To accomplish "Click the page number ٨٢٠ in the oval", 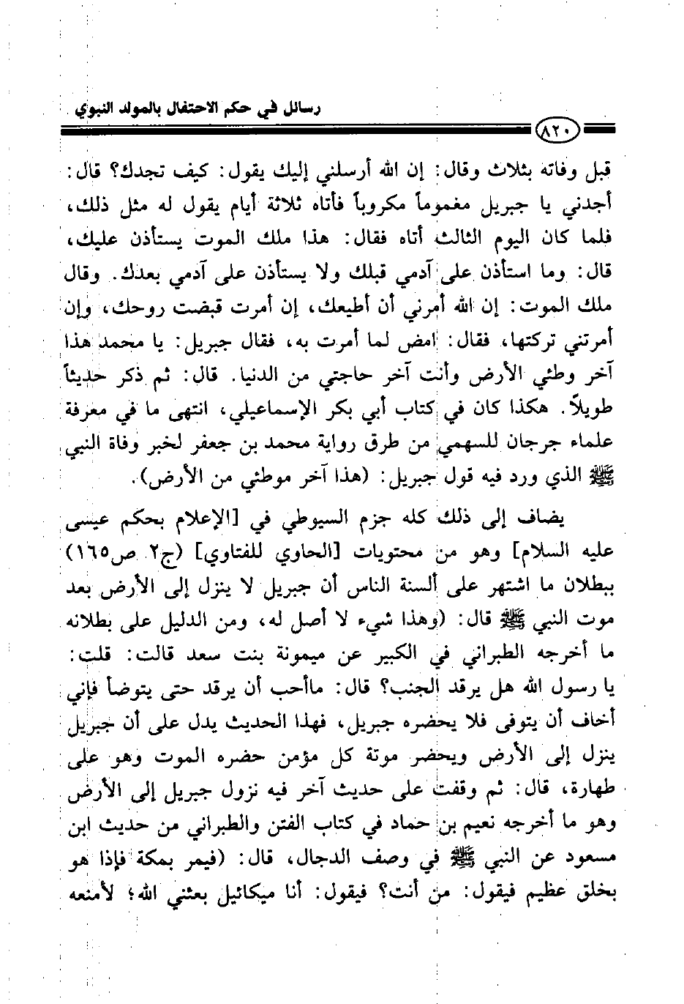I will (x=558, y=133).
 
